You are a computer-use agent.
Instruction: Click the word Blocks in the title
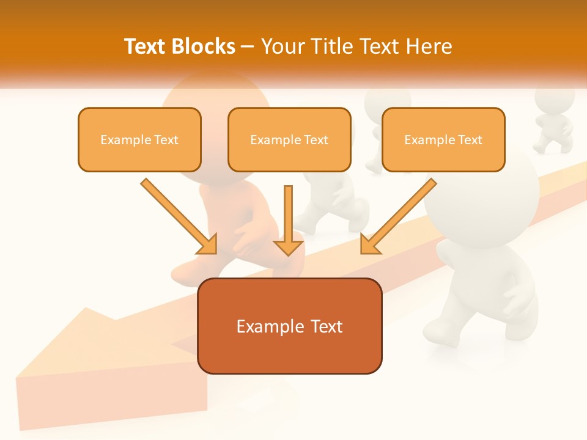204,46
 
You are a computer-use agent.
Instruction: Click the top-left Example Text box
139,139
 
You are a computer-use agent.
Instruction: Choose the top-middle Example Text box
289,139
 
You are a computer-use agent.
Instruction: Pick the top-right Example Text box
443,139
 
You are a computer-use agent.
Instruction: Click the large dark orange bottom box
289,326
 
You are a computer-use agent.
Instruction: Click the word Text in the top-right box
470,140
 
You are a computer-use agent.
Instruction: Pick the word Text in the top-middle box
316,140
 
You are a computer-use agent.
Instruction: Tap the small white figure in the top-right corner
553,119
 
